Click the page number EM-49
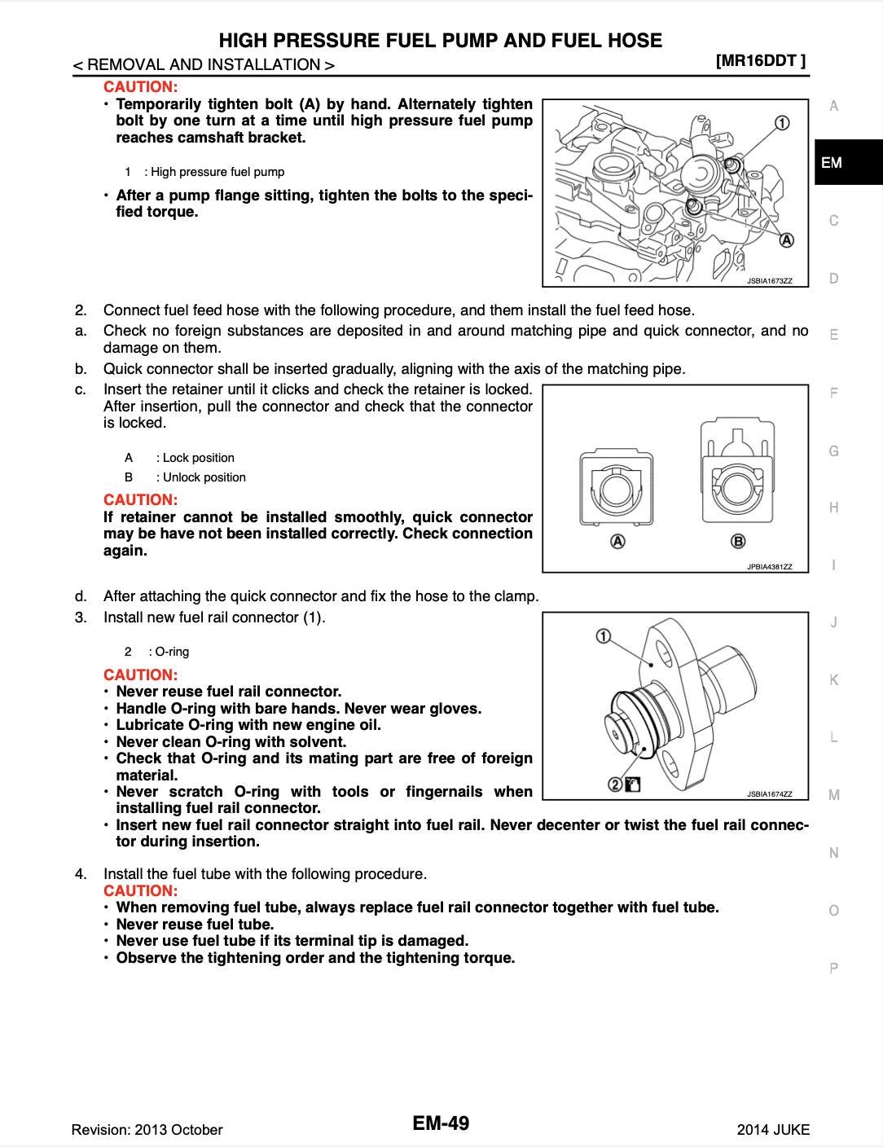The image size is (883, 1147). point(441,1123)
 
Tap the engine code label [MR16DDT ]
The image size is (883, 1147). point(761,60)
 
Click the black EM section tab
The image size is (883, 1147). point(848,163)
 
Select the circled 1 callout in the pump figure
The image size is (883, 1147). point(780,123)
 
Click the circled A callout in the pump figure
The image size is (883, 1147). point(787,240)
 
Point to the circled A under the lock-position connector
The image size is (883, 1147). point(617,542)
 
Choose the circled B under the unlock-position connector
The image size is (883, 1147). point(739,542)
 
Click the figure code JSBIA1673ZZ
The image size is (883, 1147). point(769,281)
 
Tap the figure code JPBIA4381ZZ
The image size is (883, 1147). point(769,566)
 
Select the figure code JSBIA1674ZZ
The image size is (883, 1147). point(769,793)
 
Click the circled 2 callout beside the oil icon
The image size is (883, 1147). point(615,784)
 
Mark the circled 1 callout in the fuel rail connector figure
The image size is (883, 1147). point(604,635)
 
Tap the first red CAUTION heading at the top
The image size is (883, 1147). point(141,86)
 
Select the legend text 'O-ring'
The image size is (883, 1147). point(172,652)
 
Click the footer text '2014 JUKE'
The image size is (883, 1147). point(773,1129)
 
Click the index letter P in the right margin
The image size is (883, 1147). point(833,968)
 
